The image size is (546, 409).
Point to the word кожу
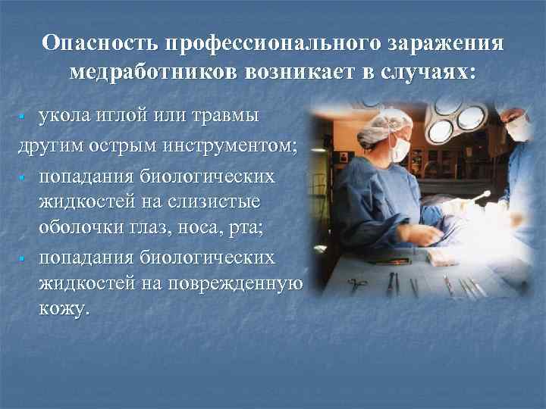64,311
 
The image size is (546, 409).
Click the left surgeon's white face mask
400,147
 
